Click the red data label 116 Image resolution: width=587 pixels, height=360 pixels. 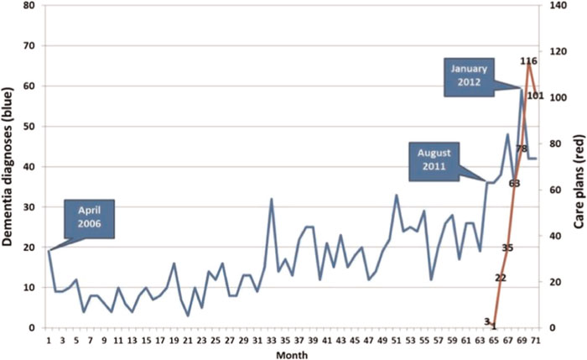coord(528,61)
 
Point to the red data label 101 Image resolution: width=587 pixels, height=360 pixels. coord(535,96)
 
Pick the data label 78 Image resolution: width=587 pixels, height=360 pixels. coord(522,149)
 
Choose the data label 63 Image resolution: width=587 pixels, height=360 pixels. coord(515,183)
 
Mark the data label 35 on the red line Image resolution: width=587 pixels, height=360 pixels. coord(507,248)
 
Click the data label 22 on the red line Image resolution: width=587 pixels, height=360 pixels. coord(501,278)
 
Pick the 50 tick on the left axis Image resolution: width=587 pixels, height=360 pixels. coord(32,127)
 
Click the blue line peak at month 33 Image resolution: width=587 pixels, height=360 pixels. coord(271,199)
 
